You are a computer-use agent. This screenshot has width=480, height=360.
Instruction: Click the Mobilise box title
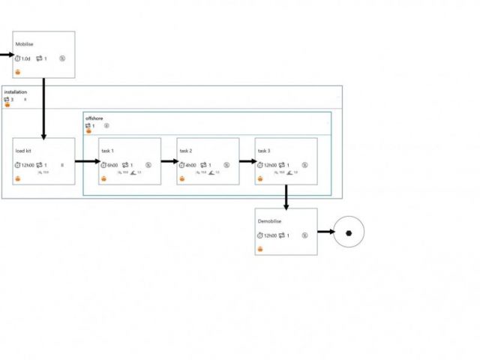24,43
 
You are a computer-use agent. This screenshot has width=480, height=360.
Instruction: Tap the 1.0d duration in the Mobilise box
25,58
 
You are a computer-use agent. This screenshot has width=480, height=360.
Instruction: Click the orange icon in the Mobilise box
18,72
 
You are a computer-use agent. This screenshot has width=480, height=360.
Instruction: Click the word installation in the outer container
15,92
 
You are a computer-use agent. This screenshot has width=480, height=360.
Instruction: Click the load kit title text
23,151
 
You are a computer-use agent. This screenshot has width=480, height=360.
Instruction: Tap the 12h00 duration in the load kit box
27,165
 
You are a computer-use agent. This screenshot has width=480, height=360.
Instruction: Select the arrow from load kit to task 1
87,160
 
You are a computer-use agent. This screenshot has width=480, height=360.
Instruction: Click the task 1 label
108,151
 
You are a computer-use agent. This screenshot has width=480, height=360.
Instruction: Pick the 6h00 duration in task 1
112,165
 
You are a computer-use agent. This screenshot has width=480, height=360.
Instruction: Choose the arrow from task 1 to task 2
169,160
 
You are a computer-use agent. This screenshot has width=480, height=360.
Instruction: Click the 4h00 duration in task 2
190,165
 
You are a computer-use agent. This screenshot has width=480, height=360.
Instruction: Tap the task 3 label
264,151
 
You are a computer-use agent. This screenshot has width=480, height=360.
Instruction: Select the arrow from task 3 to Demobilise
286,195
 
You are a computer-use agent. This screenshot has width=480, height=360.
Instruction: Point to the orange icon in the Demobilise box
260,248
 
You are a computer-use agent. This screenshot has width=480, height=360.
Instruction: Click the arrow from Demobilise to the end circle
325,232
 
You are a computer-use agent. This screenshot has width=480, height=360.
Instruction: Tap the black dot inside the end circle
349,232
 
